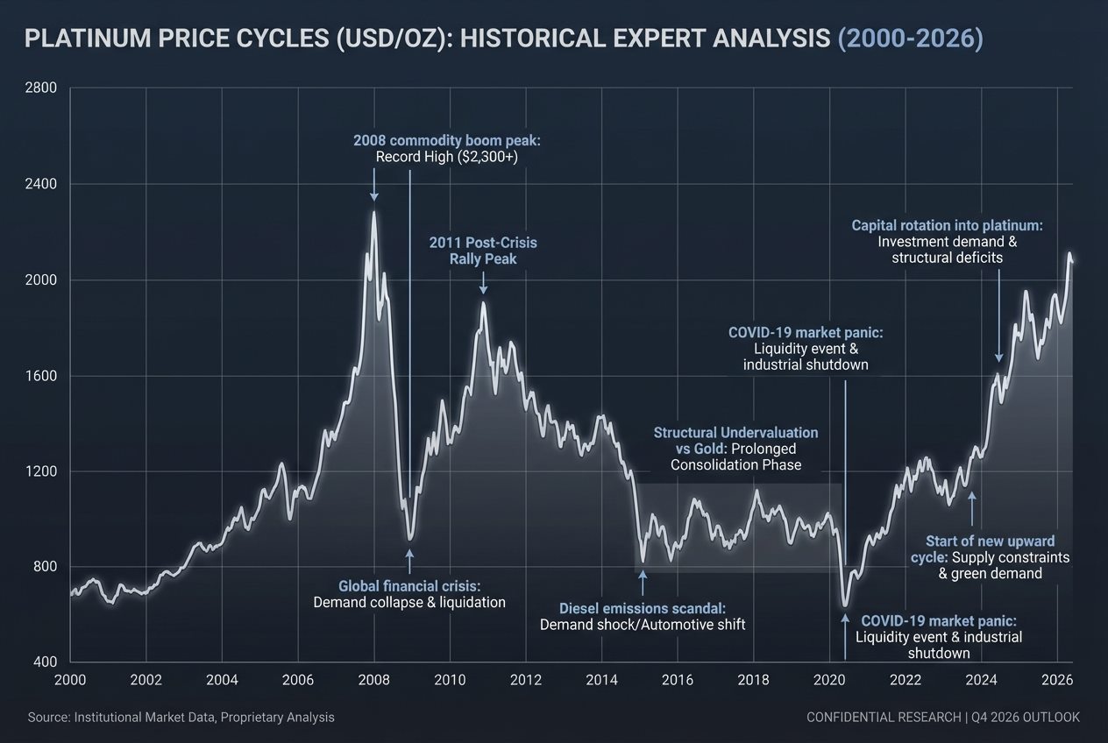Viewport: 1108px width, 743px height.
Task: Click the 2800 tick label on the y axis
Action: [43, 88]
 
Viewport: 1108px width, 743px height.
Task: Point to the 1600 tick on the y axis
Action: [43, 376]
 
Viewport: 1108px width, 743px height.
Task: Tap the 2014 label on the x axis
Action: [602, 679]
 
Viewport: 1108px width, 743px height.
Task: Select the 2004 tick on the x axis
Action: [222, 679]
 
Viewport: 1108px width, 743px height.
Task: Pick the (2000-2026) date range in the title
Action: [910, 39]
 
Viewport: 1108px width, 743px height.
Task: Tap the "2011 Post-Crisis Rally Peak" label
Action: [482, 250]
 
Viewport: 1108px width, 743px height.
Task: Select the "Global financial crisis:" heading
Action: [409, 585]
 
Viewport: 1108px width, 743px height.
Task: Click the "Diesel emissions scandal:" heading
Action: [643, 608]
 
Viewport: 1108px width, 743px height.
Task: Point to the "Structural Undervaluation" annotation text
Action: [735, 433]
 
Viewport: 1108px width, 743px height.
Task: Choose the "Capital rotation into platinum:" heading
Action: [947, 225]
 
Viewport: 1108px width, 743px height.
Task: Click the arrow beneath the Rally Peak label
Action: [483, 283]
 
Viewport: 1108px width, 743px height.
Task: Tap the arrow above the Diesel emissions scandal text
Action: [643, 583]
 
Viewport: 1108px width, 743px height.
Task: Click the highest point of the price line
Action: [374, 211]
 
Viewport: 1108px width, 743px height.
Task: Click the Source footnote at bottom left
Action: [181, 717]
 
